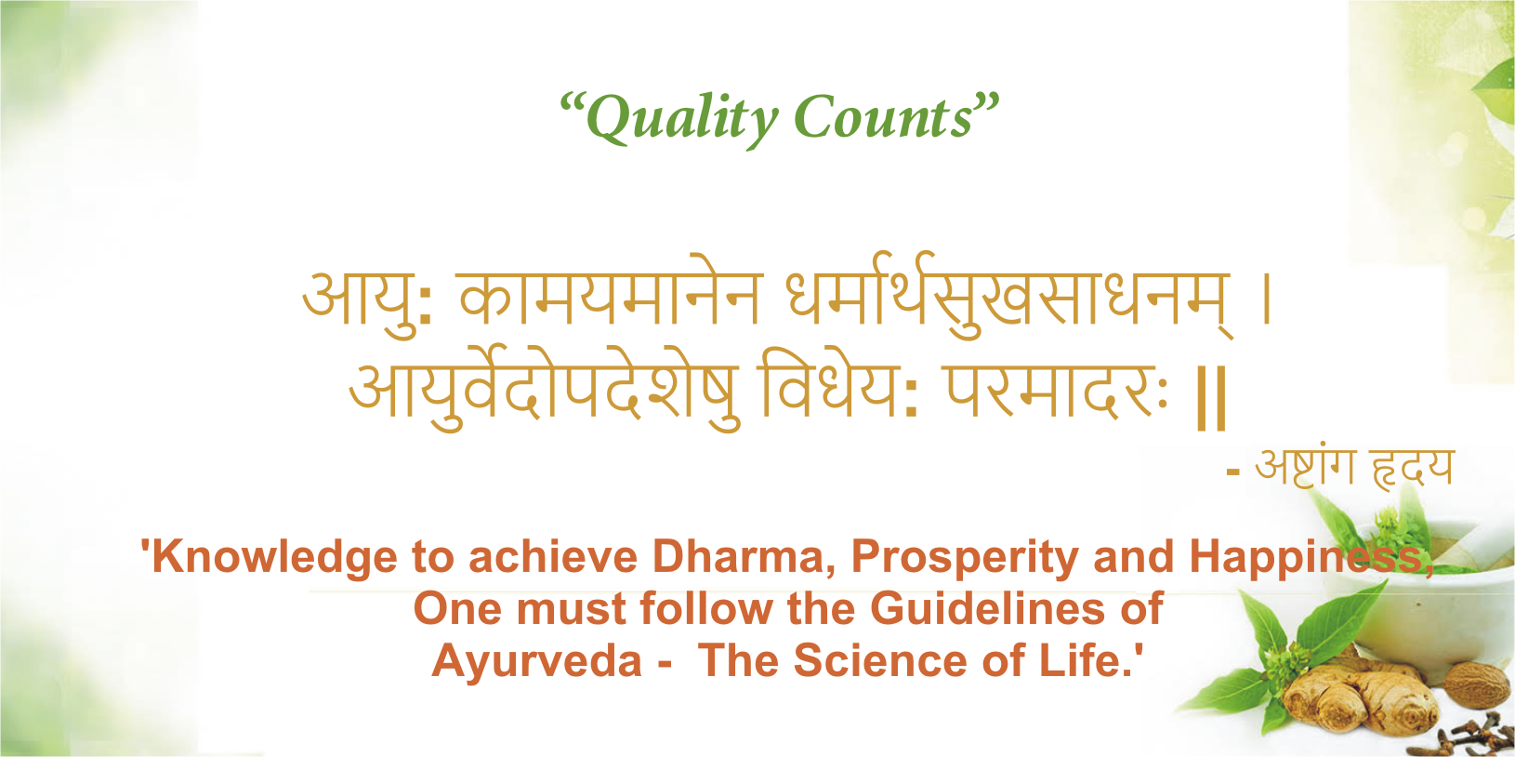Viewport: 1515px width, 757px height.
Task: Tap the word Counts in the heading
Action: [x=883, y=118]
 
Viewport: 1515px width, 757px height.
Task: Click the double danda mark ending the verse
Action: [x=1211, y=397]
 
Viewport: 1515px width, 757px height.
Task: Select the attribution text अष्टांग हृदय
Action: [x=1353, y=466]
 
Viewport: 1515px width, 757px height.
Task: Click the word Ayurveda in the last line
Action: [x=537, y=661]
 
